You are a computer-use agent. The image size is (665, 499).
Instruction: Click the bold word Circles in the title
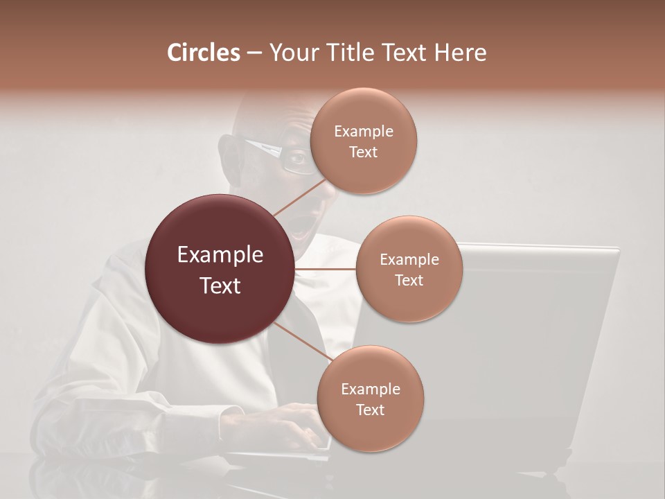point(203,53)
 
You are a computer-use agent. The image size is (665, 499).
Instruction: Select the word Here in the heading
point(462,53)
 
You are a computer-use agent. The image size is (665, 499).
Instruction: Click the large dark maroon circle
point(220,270)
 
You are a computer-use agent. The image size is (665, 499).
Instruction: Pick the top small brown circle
point(363,141)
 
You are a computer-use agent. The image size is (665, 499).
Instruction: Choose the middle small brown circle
point(409,270)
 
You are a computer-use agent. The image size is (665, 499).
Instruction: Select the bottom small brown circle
point(370,399)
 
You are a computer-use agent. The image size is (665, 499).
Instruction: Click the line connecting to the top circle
point(299,198)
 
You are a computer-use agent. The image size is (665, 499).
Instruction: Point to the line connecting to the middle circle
point(326,269)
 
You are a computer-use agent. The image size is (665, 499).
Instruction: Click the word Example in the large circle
point(220,255)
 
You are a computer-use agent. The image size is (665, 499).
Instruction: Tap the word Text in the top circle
point(363,152)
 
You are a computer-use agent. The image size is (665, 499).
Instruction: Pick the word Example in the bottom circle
point(370,389)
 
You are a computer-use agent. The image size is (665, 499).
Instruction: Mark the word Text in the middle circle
point(409,280)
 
